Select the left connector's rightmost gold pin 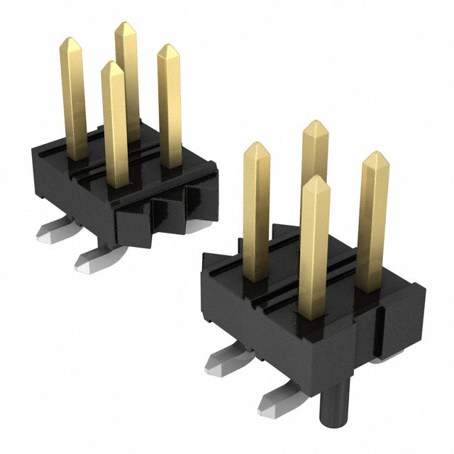coord(170,106)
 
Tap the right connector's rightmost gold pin coord(372,227)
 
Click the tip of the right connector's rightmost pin coord(373,154)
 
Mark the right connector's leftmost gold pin coord(257,213)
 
